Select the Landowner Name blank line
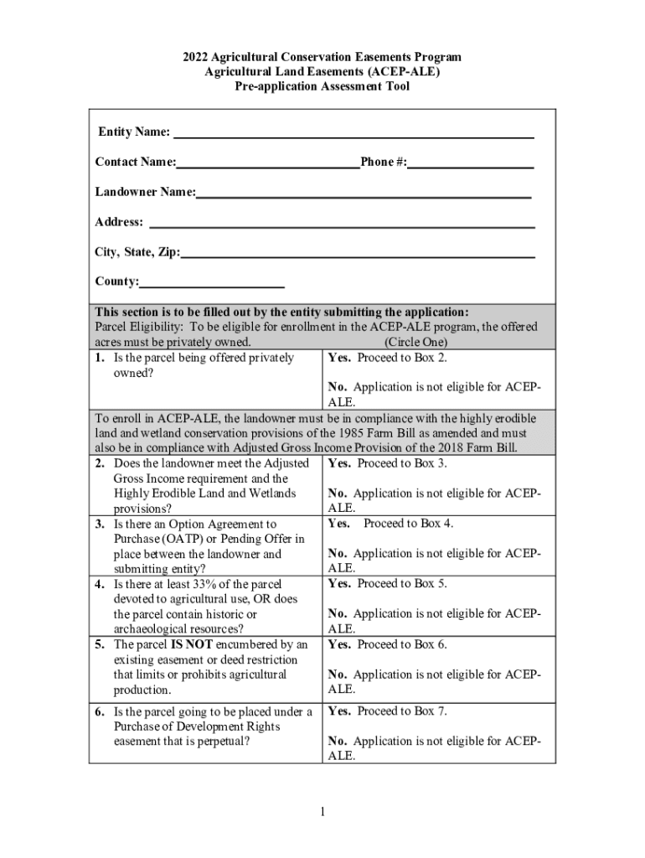[x=364, y=194]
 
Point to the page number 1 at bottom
[x=322, y=811]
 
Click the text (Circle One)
[x=415, y=343]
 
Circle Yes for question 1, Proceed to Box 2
[x=339, y=358]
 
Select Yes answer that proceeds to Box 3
[x=339, y=463]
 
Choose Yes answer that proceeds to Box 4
[x=339, y=524]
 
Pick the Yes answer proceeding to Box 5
[x=339, y=584]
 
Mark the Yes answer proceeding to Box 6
[x=339, y=644]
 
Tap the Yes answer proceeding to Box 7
[x=339, y=711]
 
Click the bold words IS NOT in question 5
[x=193, y=644]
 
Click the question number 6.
[x=99, y=711]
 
